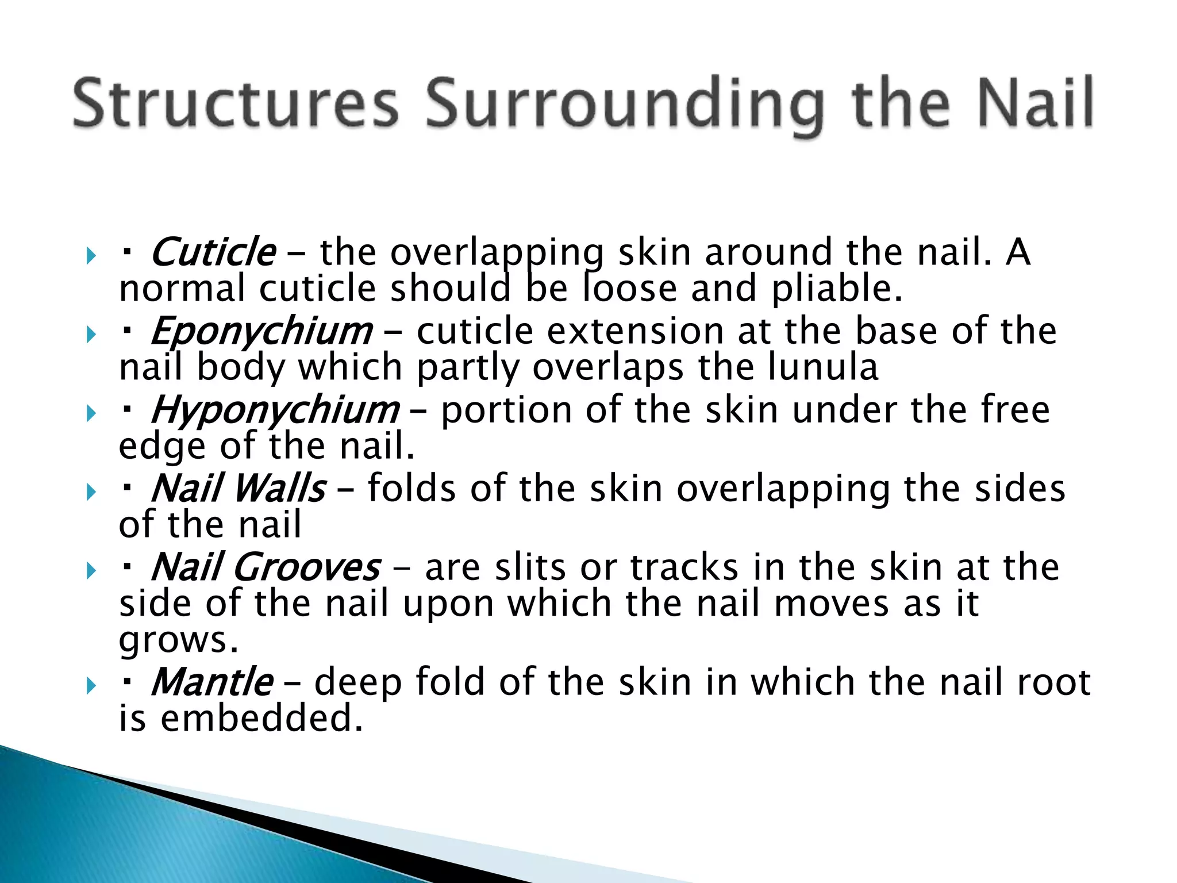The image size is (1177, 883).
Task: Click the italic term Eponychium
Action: point(261,331)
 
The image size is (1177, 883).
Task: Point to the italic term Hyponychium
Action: point(275,410)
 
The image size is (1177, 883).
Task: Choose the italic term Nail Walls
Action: point(239,489)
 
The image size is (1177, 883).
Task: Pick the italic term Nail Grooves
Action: point(266,567)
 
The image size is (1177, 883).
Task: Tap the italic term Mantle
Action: point(212,682)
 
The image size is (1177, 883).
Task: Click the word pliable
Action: point(837,289)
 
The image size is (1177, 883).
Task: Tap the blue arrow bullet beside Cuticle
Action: point(91,255)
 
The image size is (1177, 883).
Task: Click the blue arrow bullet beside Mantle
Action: point(91,685)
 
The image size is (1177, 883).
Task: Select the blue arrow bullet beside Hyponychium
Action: point(91,413)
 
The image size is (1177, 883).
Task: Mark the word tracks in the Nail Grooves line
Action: point(684,567)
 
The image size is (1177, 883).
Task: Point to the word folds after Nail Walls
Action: point(411,489)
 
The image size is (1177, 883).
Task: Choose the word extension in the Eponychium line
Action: point(635,331)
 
